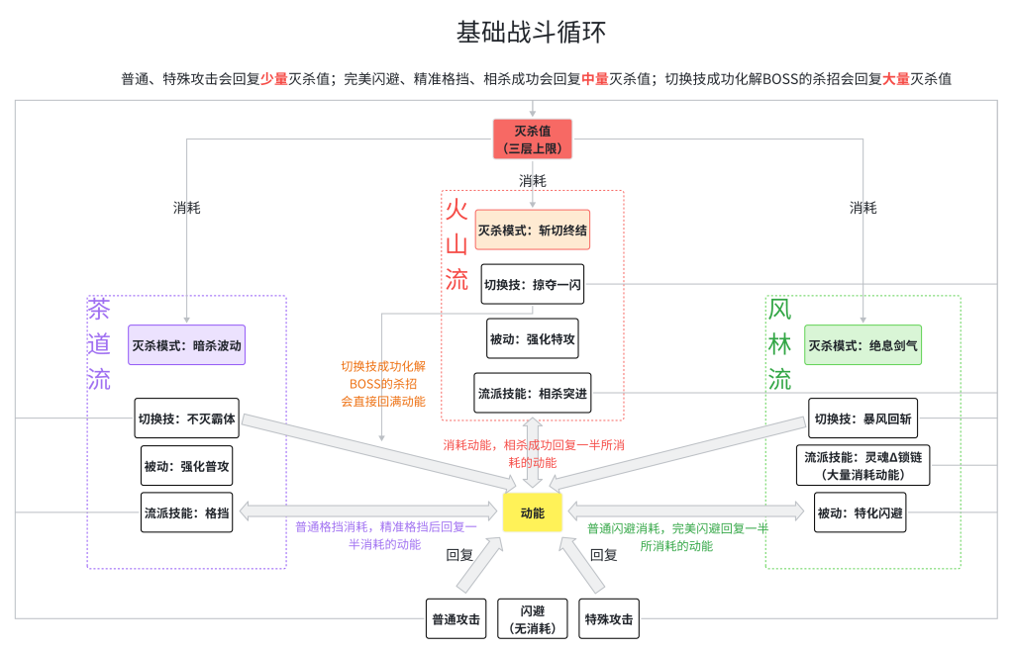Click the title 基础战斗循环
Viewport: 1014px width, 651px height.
coord(531,33)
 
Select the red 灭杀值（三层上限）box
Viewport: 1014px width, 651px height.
coord(533,139)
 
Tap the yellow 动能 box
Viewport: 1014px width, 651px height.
coord(532,512)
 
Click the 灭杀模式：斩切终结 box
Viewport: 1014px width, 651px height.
coord(532,230)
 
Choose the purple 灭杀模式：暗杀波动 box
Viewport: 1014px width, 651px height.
coord(186,345)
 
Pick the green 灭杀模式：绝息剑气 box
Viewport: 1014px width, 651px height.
coord(862,345)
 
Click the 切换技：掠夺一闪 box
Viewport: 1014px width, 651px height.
coord(532,284)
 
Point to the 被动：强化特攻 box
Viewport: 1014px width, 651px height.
coord(532,338)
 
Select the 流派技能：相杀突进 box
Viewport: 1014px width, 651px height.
coord(532,393)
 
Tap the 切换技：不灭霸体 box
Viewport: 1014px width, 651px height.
coord(186,418)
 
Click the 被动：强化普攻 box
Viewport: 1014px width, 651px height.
coord(186,465)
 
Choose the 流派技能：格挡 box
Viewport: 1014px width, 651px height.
coord(186,512)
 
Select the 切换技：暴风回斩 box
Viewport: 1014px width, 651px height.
coord(862,418)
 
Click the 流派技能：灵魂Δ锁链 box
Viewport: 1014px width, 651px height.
coord(862,465)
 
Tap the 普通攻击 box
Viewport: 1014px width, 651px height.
coord(456,619)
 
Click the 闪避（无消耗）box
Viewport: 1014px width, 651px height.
coord(532,619)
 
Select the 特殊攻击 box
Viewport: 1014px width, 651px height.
coord(609,619)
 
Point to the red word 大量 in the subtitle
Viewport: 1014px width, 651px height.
coord(895,78)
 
